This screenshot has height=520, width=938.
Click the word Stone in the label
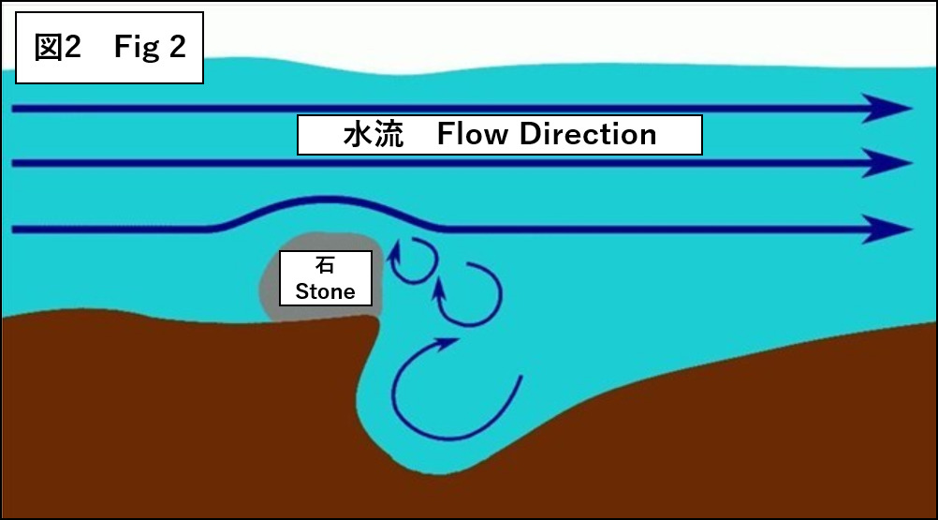(325, 291)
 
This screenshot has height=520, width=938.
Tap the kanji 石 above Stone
(325, 266)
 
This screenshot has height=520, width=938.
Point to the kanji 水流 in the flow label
(373, 135)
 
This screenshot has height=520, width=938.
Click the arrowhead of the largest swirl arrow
(447, 346)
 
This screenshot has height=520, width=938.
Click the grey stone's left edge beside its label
(266, 281)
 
